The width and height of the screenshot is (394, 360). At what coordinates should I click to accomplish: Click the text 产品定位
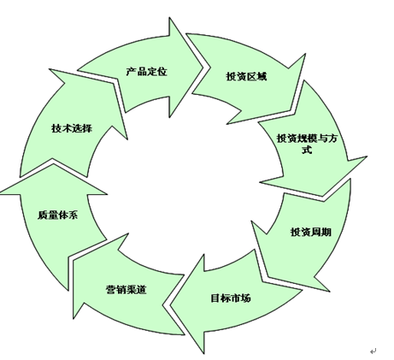point(146,72)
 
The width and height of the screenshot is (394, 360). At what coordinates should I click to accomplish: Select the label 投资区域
point(247,76)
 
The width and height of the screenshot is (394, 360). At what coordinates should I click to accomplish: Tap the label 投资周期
point(311,232)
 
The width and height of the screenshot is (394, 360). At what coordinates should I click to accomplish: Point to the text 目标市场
point(231,298)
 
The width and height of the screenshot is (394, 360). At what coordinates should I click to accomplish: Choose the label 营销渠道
point(126,290)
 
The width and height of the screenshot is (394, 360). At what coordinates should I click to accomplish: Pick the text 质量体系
point(58,215)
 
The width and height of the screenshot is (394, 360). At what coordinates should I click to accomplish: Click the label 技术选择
point(72,128)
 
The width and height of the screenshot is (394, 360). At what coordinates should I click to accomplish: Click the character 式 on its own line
point(307,150)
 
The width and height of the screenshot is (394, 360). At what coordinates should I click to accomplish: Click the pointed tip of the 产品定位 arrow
point(203,68)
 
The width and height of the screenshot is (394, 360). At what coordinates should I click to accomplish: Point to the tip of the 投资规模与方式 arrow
point(323,196)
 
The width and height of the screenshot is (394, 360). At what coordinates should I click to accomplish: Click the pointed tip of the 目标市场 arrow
point(170,305)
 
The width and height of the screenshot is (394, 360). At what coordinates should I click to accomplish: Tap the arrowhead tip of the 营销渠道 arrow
point(74,260)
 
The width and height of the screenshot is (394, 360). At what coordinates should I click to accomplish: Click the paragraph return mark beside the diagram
point(373,351)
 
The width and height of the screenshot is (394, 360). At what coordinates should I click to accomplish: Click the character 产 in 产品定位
point(132,72)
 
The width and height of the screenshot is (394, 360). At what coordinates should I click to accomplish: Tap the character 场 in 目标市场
point(246,298)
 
